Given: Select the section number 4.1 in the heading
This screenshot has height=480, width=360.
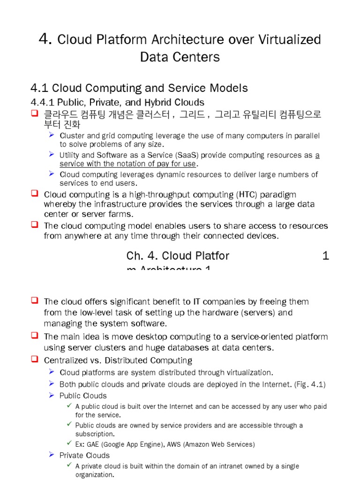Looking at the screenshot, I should point(39,88).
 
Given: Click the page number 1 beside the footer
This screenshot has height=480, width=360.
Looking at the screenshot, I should point(326,255).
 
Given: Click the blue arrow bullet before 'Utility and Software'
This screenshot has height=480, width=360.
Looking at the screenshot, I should point(52,154).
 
